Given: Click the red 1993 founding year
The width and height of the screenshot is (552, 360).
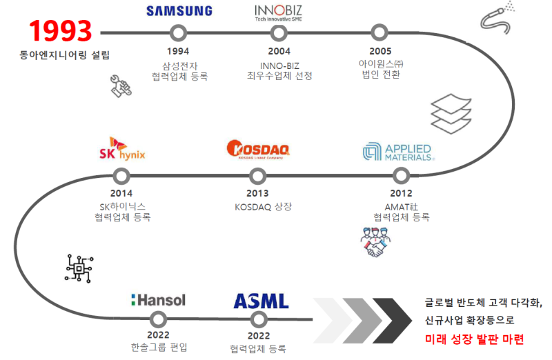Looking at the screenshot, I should [61, 31].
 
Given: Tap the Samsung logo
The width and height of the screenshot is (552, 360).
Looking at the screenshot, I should [179, 11].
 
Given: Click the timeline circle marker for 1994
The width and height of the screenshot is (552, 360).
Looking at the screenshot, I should [178, 32].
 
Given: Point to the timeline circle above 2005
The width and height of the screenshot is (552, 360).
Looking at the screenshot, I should [379, 32].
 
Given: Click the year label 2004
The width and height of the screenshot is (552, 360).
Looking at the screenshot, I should [279, 51].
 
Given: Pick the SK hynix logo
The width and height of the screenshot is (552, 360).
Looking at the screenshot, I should [122, 151].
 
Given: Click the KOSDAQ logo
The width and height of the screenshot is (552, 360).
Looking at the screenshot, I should [258, 150].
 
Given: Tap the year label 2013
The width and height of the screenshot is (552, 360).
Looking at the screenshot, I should [257, 193].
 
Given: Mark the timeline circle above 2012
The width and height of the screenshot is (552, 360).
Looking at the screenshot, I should [400, 175].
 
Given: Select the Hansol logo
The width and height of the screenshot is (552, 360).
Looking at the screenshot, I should [158, 300].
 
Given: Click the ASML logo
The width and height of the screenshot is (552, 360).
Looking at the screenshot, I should [261, 301].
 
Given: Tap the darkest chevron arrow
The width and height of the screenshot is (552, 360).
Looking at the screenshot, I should [392, 319].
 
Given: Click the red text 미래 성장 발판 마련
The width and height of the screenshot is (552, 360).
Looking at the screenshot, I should [475, 339].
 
